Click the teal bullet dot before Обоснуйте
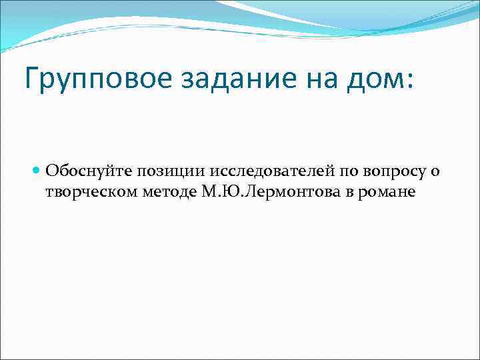coord(37,171)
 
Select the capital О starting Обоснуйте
coord(51,171)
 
